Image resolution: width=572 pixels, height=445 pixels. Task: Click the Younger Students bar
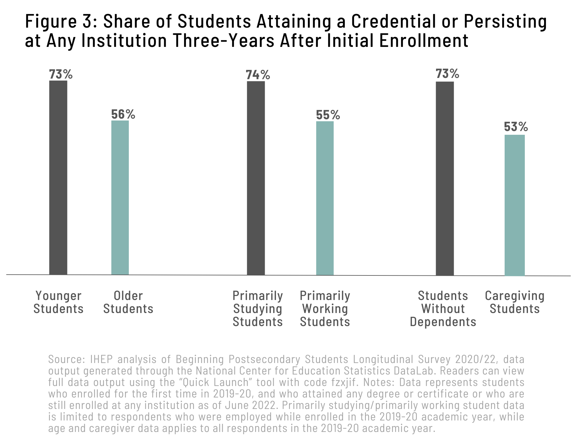58,177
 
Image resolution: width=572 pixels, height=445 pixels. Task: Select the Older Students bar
120,198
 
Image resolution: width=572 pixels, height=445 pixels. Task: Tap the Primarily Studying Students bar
256,178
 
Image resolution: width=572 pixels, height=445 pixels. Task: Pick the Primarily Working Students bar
325,198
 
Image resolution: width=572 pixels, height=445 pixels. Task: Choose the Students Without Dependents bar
445,178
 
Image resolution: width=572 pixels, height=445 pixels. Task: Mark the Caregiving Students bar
515,205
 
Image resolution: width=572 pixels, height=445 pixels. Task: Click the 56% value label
123,114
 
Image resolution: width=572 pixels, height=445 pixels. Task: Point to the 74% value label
258,75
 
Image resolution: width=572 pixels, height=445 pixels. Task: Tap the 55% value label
328,115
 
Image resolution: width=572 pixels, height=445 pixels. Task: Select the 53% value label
516,127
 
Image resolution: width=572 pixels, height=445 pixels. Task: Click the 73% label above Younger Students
61,74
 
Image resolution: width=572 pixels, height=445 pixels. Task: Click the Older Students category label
128,302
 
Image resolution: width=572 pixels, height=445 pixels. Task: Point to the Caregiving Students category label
515,302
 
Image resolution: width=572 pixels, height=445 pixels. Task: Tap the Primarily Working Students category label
325,309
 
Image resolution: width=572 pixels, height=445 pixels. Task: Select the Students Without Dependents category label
443,309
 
